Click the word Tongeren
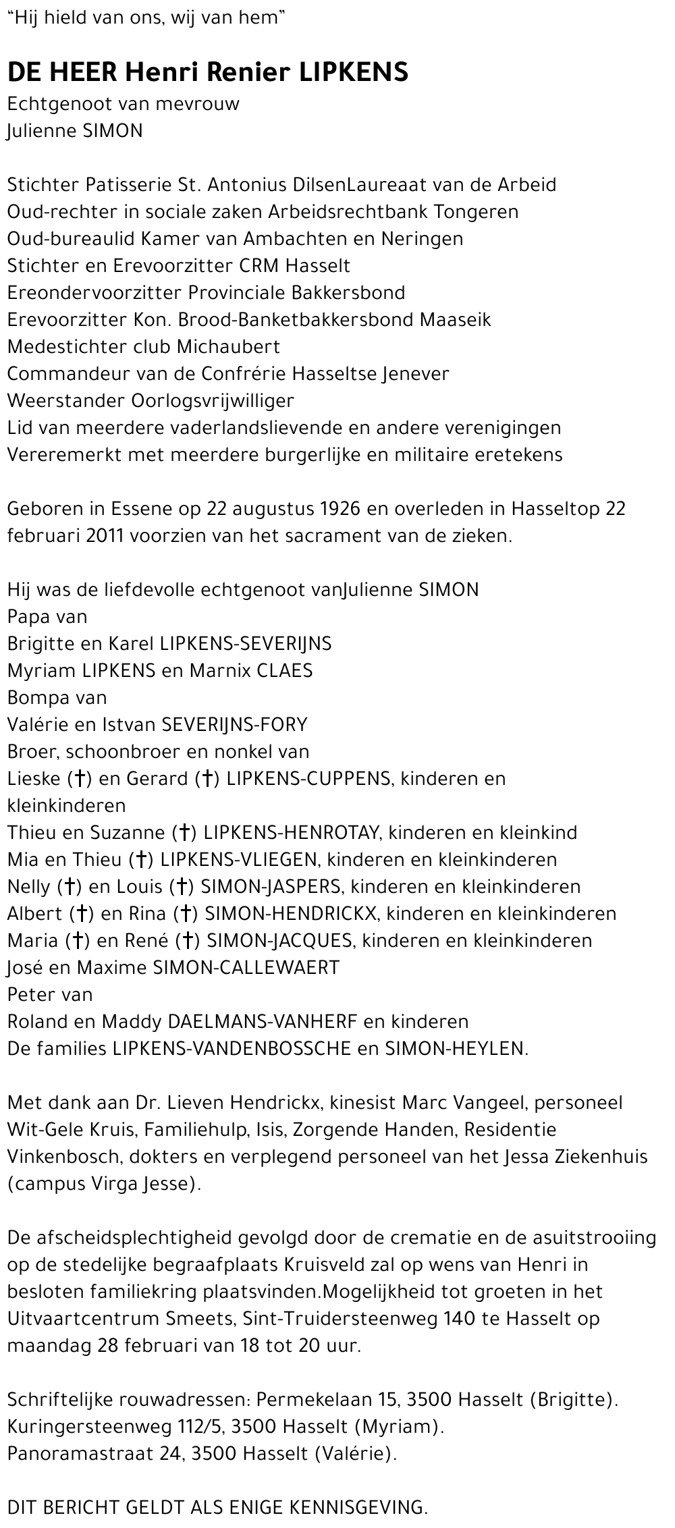476,211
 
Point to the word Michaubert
228,346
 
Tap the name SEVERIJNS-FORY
233,724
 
